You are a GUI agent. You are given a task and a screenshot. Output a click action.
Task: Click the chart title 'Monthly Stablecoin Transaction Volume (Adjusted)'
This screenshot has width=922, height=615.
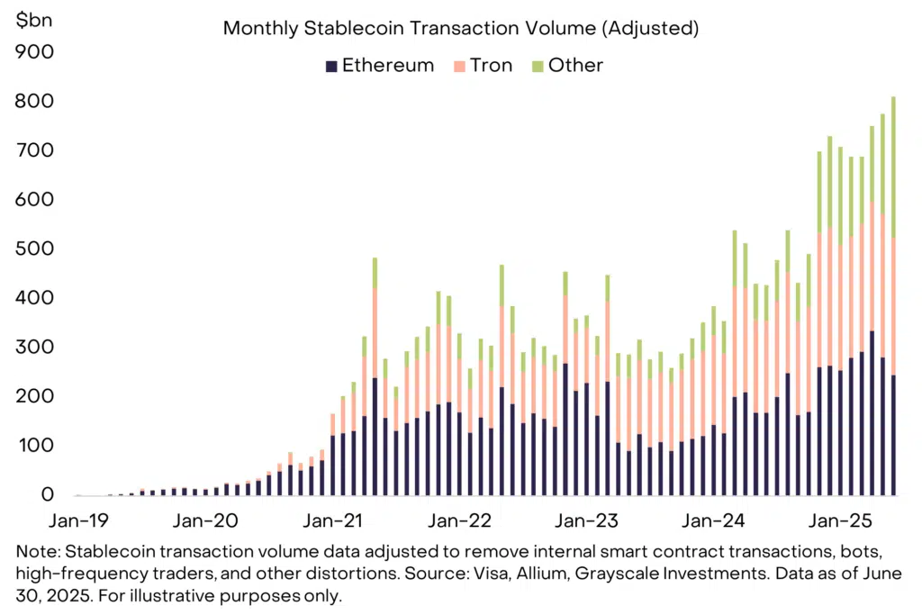(460, 28)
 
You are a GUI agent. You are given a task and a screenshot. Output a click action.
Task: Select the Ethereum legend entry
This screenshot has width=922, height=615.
(379, 65)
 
